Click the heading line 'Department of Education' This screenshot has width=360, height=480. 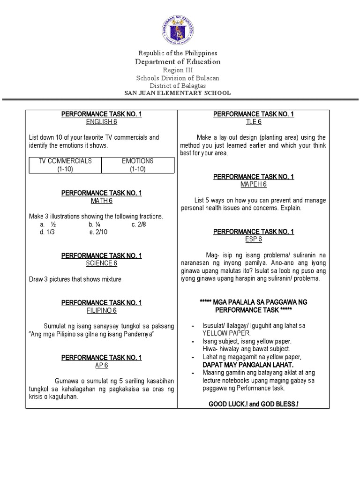coord(178,62)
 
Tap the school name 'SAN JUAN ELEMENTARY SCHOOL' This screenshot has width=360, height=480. coord(177,93)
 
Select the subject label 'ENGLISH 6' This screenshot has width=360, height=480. coord(101,122)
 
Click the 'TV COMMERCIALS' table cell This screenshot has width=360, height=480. coord(66,165)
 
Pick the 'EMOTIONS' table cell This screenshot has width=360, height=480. coord(138,165)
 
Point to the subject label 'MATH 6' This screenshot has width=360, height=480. coord(101,201)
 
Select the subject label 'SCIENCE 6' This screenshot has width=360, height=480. coord(101,263)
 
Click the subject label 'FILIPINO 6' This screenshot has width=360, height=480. coord(101,310)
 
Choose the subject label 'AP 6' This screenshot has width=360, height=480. coord(101,365)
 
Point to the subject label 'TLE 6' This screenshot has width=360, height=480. coord(253,122)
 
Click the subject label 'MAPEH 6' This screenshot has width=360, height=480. coord(253,185)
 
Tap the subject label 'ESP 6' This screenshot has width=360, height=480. coord(253,239)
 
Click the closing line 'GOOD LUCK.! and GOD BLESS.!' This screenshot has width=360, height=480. coord(253,404)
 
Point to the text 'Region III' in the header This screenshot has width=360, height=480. coord(177,70)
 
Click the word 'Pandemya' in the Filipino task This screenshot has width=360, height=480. coord(138,333)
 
